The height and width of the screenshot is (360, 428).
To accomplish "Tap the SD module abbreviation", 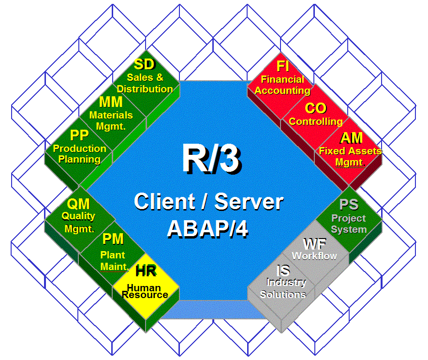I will click(x=145, y=65).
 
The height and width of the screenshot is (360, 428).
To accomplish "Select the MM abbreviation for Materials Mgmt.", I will click(x=111, y=103).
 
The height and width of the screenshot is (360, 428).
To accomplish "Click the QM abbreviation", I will click(x=78, y=204).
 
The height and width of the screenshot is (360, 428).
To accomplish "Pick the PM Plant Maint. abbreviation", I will click(x=113, y=239).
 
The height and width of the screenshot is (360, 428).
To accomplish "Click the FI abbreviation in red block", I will click(x=282, y=66).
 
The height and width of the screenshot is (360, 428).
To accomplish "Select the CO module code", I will click(x=315, y=108).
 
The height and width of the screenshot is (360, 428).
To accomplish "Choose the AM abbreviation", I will click(x=351, y=138).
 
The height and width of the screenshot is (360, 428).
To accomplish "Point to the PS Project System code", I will click(x=349, y=205).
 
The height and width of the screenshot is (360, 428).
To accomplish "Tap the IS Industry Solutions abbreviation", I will click(x=283, y=271).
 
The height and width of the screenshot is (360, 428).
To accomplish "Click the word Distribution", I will click(x=145, y=89).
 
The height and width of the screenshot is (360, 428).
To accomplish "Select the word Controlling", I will click(x=315, y=121).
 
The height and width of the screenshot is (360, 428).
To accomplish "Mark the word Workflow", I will click(x=314, y=255).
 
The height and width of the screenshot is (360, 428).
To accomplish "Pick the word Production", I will click(x=80, y=149).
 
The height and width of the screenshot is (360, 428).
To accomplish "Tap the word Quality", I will click(x=78, y=216).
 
